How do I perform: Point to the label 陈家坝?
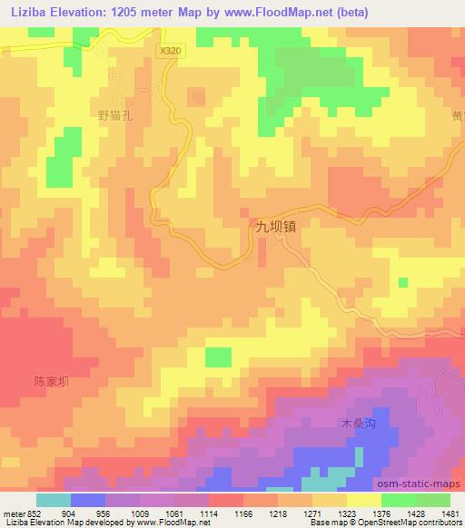click(x=52, y=382)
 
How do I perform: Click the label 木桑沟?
click(x=357, y=424)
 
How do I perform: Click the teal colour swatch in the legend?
click(x=54, y=500)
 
